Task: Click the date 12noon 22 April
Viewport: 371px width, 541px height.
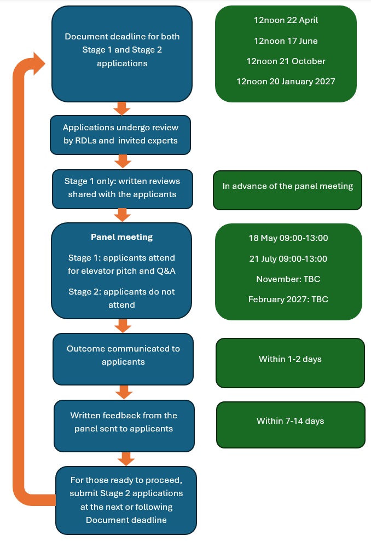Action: (x=286, y=20)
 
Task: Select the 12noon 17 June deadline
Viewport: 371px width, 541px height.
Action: (x=286, y=41)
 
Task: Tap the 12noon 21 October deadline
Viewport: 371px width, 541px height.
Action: (x=286, y=61)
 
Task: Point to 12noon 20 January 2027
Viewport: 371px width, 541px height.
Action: (x=286, y=81)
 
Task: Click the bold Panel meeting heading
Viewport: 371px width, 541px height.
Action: (x=121, y=237)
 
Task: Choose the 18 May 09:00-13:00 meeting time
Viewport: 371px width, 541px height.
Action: (x=288, y=238)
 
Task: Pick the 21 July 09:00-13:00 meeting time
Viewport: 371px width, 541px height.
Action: (x=288, y=258)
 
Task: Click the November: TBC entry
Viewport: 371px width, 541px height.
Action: (x=288, y=279)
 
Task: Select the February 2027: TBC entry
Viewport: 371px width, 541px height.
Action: (x=288, y=299)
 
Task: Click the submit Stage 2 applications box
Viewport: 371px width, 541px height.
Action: (x=126, y=500)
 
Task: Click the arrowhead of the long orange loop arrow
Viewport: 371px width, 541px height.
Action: (x=39, y=64)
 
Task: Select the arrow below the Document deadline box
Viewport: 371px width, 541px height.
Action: (x=121, y=108)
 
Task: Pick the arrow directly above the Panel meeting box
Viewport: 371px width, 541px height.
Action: (x=121, y=215)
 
